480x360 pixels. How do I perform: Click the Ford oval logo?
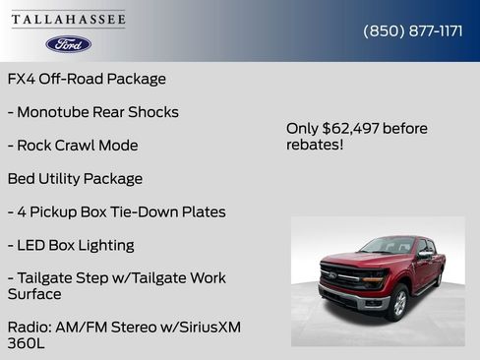pyautogui.click(x=69, y=44)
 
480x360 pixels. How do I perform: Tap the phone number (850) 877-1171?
pyautogui.click(x=413, y=30)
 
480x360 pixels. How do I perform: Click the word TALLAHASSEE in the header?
pyautogui.click(x=69, y=20)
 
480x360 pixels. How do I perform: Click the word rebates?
pyautogui.click(x=315, y=146)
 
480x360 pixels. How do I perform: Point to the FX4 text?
pyautogui.click(x=22, y=79)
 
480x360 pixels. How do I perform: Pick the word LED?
pyautogui.click(x=32, y=246)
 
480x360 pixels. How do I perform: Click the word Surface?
pyautogui.click(x=34, y=294)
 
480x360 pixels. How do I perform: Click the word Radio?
pyautogui.click(x=29, y=327)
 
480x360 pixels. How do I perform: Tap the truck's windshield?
pyautogui.click(x=390, y=246)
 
